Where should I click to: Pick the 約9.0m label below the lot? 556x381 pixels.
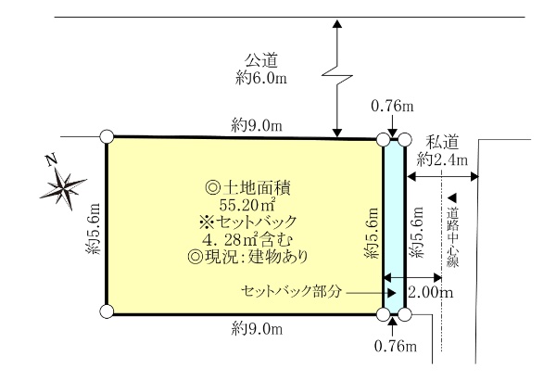[257, 326]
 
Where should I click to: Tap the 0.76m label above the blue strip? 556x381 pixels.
[392, 107]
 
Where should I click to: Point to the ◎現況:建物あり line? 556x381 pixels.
[248, 256]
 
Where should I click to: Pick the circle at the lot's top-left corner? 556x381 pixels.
[107, 138]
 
